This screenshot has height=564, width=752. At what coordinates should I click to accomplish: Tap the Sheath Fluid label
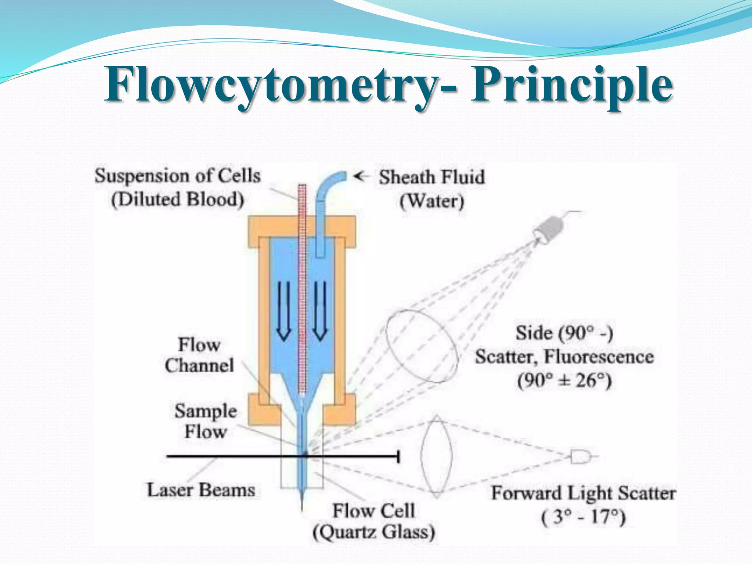point(432,177)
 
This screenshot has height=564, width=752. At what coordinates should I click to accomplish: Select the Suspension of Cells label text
point(178,176)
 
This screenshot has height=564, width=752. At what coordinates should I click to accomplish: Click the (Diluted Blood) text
point(178,200)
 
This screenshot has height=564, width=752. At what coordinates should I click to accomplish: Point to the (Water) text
point(432,202)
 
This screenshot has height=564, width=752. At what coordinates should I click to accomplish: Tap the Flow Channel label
point(199,355)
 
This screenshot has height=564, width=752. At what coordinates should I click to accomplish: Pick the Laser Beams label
point(201,490)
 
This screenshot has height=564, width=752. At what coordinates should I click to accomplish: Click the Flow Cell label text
point(373,511)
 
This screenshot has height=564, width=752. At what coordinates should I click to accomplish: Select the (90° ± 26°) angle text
point(564,380)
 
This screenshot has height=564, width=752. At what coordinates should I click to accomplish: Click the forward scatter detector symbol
point(580,457)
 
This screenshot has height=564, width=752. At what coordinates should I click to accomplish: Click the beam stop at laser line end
point(398,457)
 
